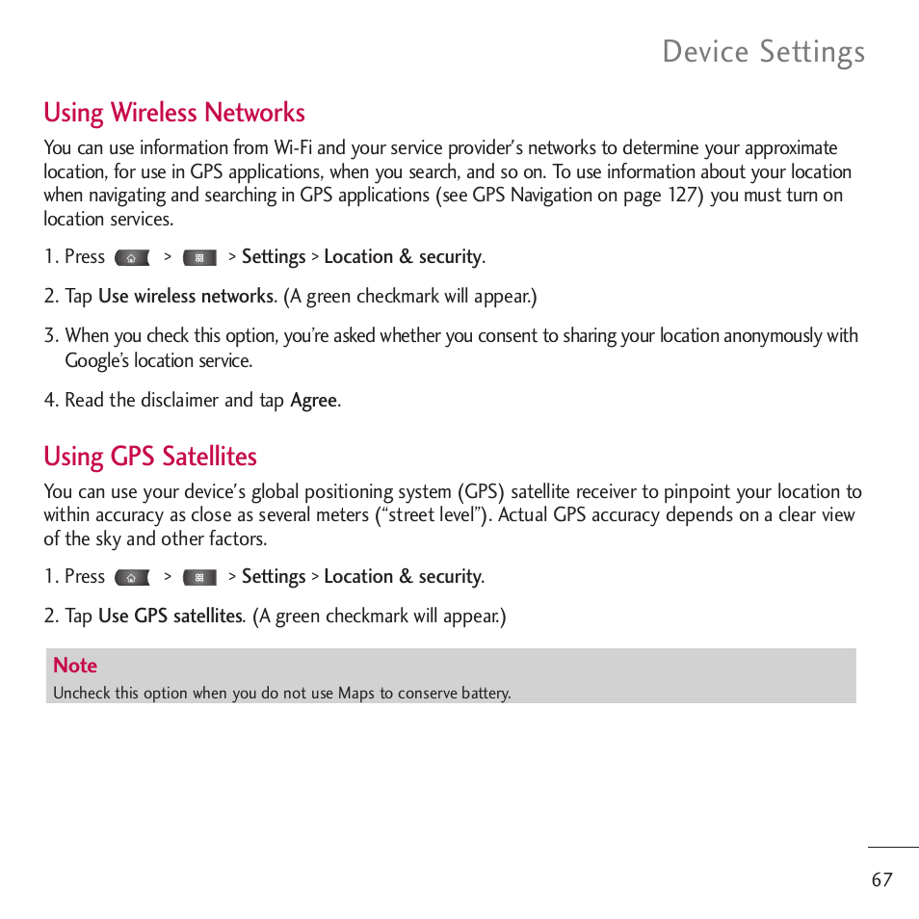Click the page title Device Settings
click(x=763, y=52)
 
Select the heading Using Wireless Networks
click(x=174, y=113)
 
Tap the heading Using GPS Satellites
click(x=150, y=456)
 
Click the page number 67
click(x=881, y=880)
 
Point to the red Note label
click(x=75, y=665)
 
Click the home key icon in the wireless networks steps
click(x=132, y=258)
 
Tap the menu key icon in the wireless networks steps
click(x=199, y=258)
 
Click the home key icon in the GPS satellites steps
click(x=132, y=578)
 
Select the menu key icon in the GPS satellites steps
click(x=199, y=578)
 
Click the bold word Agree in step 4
click(x=314, y=400)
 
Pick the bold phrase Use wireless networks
click(x=186, y=296)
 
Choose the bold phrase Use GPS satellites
click(x=171, y=616)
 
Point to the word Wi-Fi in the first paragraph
click(x=293, y=147)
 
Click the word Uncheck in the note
click(x=82, y=693)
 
